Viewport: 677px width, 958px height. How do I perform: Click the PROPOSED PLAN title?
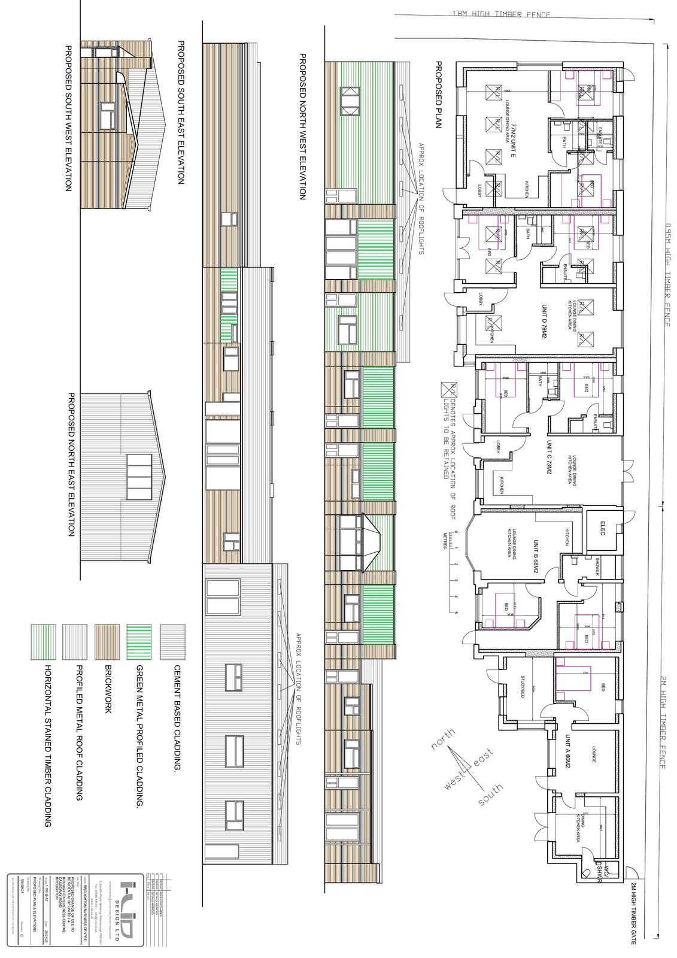[x=438, y=99]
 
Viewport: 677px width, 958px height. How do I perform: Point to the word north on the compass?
[x=443, y=739]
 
